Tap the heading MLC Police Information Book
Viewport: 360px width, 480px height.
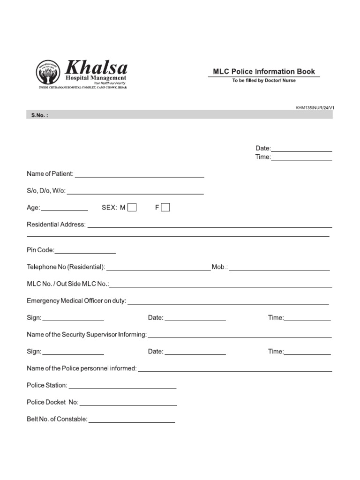click(x=264, y=72)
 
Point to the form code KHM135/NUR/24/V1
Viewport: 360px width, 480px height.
click(x=315, y=107)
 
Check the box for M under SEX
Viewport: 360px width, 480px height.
click(x=132, y=208)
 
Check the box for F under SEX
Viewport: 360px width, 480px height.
click(x=165, y=208)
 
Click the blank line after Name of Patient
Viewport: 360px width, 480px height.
click(x=139, y=175)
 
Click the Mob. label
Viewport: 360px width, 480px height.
click(x=220, y=267)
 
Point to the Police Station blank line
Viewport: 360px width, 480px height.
click(x=122, y=386)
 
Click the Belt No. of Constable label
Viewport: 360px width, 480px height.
click(x=57, y=419)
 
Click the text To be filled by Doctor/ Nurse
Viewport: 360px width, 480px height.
click(x=264, y=81)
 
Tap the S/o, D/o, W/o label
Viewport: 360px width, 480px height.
click(x=46, y=191)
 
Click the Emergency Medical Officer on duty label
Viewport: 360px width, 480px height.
click(x=76, y=301)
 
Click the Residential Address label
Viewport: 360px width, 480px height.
click(x=56, y=225)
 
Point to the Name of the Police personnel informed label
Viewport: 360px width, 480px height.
click(x=82, y=368)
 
